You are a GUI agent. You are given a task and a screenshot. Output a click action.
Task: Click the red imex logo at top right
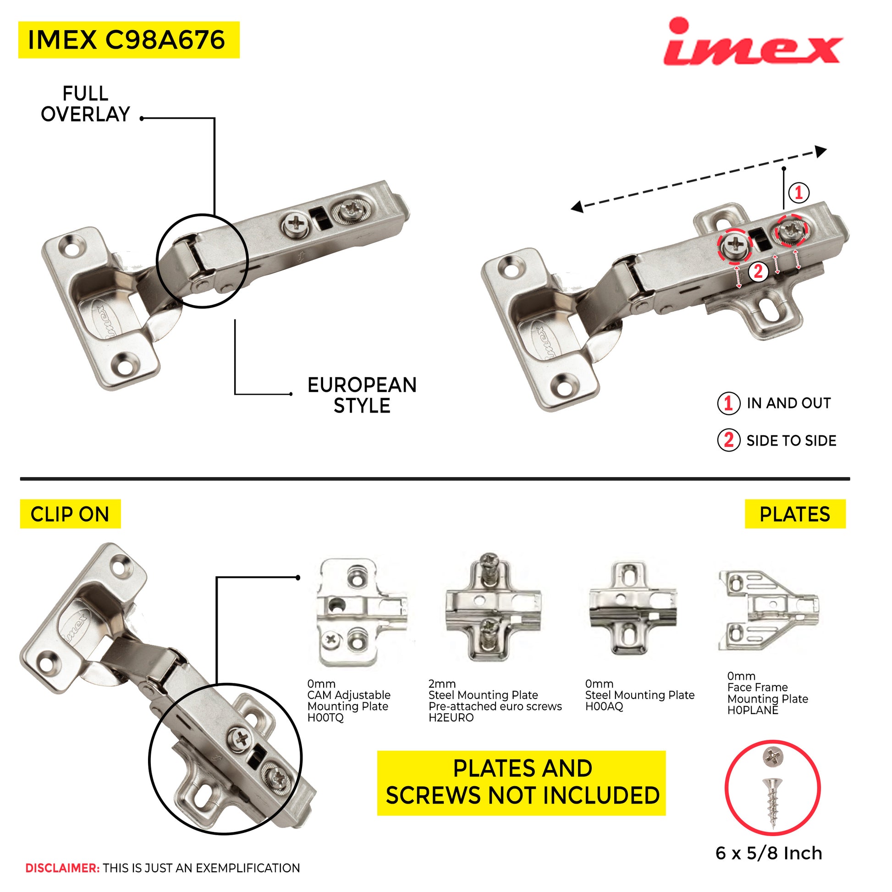point(754,42)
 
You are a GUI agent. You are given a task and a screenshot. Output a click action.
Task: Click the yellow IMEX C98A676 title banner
point(129,40)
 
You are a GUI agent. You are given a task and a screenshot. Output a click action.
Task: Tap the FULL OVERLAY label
point(85,104)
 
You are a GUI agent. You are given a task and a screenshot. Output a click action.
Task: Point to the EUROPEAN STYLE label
point(362,395)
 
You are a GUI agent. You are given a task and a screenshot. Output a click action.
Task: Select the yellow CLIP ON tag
point(70,514)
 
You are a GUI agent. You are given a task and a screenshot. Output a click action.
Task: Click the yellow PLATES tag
point(795,514)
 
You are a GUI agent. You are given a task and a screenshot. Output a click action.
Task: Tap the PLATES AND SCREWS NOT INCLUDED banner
point(522,783)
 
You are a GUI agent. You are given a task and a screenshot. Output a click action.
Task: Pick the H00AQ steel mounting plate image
point(633,609)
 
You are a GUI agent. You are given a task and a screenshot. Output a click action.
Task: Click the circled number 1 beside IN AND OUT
point(728,403)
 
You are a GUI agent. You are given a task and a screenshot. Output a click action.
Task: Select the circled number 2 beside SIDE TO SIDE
point(728,440)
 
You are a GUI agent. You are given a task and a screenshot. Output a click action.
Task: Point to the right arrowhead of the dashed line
point(820,151)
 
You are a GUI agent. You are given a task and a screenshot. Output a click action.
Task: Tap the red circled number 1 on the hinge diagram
point(799,192)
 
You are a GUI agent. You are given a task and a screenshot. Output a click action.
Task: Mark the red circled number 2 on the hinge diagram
point(758,271)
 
